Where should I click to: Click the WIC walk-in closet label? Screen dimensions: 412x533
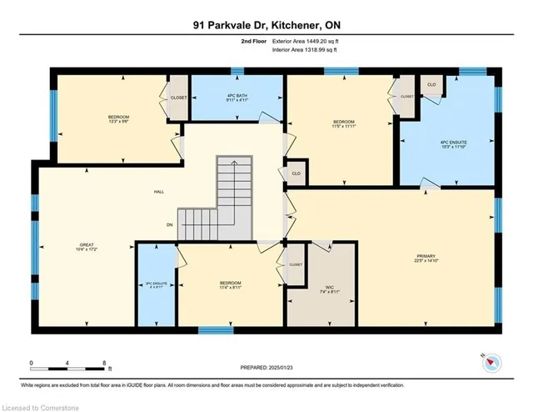click(x=322, y=288)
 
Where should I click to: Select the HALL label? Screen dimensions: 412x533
click(x=158, y=192)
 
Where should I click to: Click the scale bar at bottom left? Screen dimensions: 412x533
click(x=67, y=364)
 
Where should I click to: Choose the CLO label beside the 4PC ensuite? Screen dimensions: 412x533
click(x=431, y=85)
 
